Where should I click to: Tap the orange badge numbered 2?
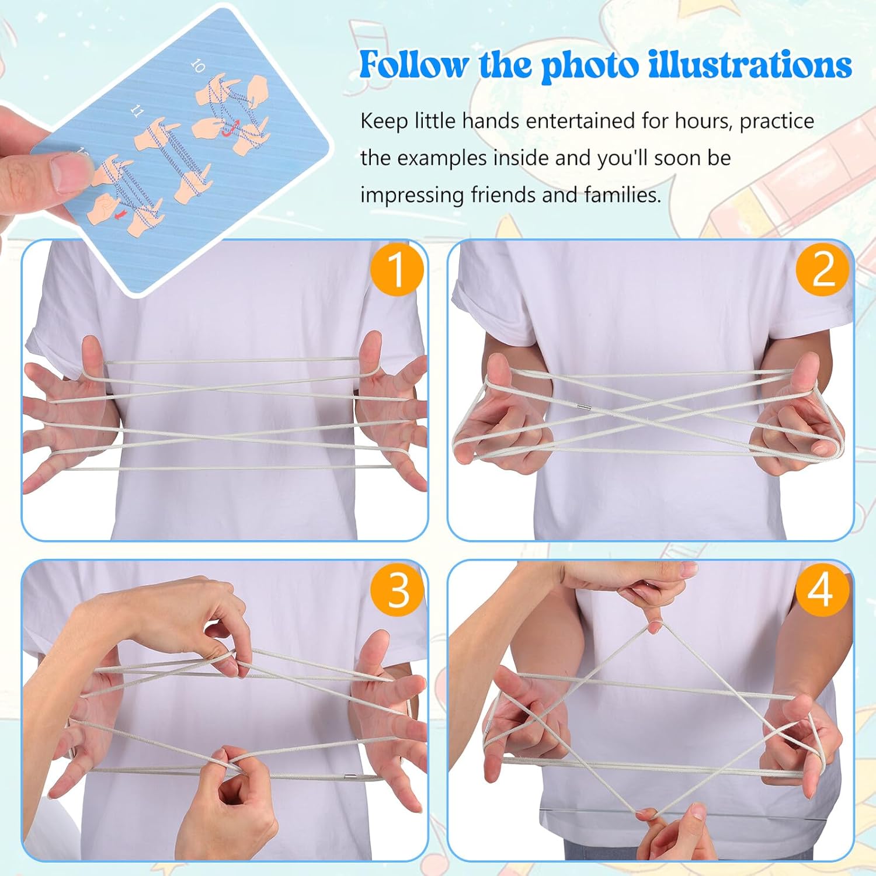823,269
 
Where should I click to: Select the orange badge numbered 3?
398,589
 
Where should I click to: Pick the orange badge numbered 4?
821,589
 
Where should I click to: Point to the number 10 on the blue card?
198,66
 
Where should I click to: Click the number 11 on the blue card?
137,111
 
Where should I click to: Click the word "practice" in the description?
776,121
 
